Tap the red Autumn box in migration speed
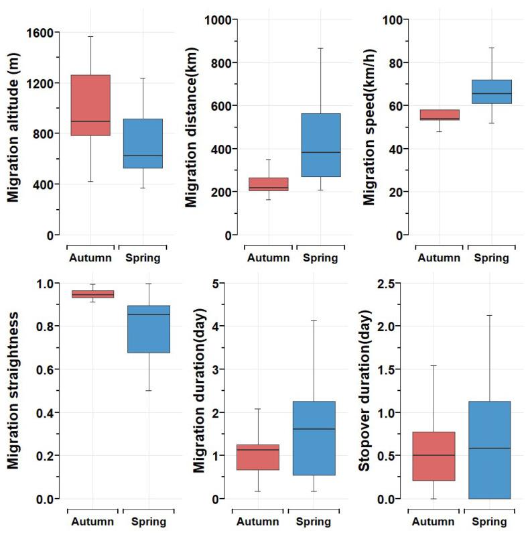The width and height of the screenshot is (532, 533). point(439,115)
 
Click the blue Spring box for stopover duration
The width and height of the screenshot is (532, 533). point(490,450)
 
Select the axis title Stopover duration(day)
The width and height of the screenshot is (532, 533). point(366,390)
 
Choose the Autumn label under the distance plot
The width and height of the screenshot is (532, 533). point(267,257)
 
